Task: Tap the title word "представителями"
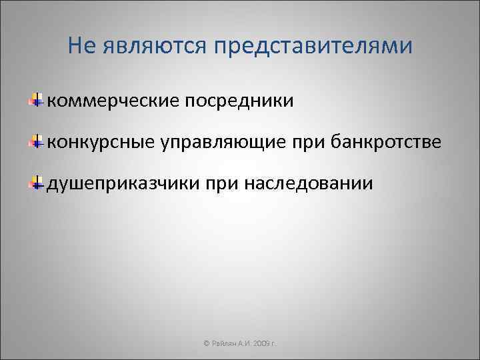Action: click(313, 46)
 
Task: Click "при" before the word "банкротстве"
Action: click(300, 141)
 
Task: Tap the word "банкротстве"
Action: click(383, 141)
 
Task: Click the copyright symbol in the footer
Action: click(205, 343)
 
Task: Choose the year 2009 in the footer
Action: click(259, 343)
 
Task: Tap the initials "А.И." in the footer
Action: click(243, 343)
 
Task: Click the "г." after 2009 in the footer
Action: click(274, 343)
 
